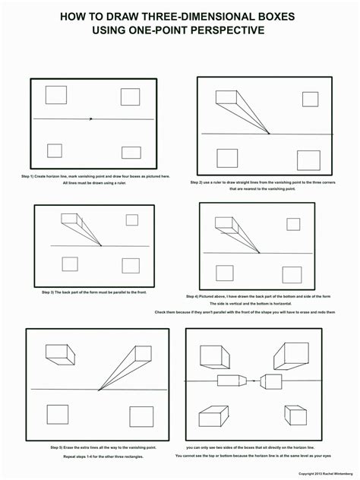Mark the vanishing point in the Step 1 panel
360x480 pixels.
(91, 118)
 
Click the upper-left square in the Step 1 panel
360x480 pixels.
(55, 95)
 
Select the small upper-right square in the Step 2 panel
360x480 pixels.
(310, 99)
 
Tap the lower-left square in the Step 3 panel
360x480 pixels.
(69, 264)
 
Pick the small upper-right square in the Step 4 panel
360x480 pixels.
(292, 223)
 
